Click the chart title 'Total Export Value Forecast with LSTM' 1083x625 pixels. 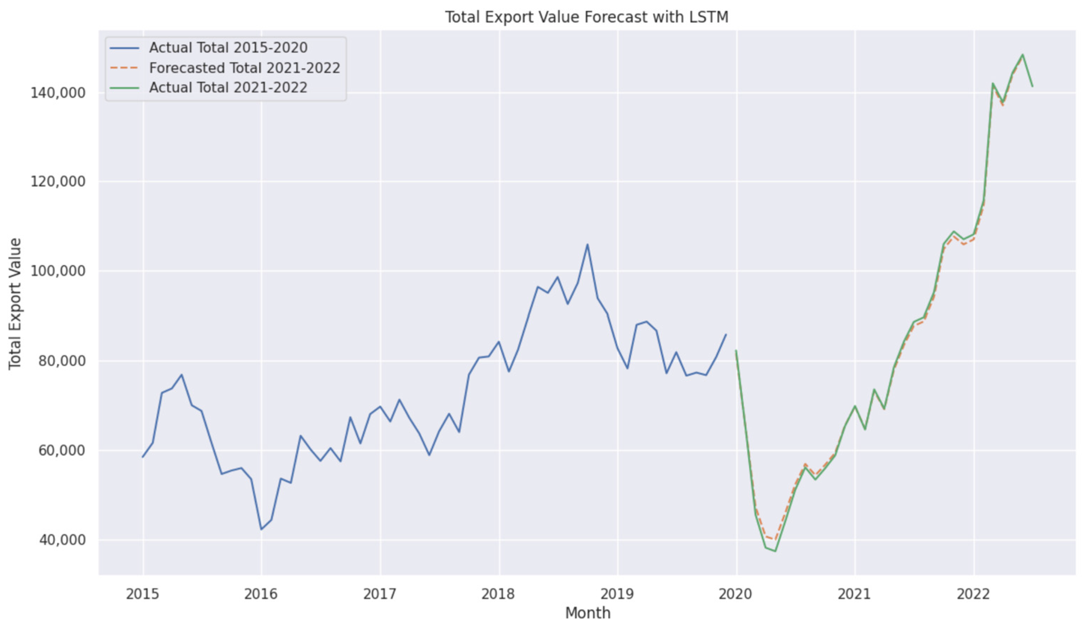[586, 17]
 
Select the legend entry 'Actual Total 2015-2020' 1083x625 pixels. [228, 48]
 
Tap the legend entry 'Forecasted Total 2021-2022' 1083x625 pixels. [244, 68]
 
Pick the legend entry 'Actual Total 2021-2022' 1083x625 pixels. [228, 88]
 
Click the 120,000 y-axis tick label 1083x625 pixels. [58, 182]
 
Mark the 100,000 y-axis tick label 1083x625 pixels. [58, 271]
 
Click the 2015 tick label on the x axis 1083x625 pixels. [142, 594]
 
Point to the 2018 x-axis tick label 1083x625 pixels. [498, 594]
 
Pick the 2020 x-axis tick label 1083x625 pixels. [736, 594]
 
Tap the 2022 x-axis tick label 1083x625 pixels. [974, 594]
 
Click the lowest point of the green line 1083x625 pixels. [775, 551]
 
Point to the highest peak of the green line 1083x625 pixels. [1023, 54]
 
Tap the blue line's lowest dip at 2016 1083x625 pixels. [261, 529]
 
